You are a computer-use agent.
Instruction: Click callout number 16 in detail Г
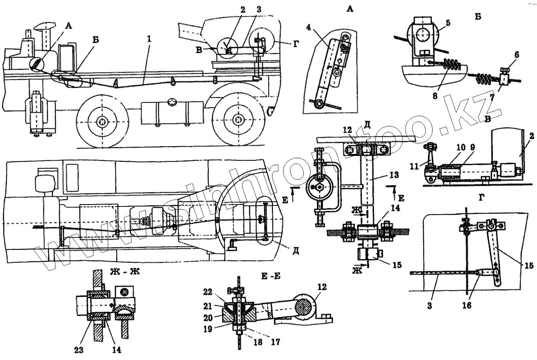click(x=467, y=306)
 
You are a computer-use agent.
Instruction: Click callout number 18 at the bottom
click(x=257, y=342)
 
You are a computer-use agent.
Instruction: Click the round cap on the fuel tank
click(x=172, y=101)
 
